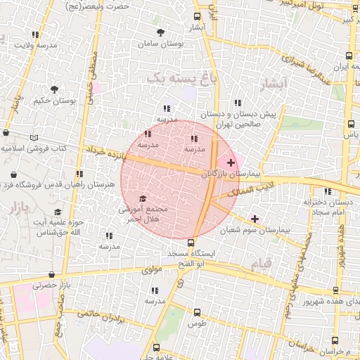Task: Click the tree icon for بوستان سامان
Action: click(x=161, y=32)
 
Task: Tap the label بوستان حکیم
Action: click(x=58, y=101)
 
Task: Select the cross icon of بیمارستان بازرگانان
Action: click(x=231, y=162)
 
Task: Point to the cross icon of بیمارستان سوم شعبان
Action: click(x=255, y=219)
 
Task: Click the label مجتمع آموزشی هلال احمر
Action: click(x=143, y=214)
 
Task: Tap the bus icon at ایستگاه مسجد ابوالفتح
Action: click(x=191, y=243)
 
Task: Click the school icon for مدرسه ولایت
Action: click(x=35, y=34)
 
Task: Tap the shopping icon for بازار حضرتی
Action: click(x=51, y=275)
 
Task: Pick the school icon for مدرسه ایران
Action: click(x=349, y=55)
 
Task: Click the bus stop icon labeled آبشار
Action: click(x=196, y=16)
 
